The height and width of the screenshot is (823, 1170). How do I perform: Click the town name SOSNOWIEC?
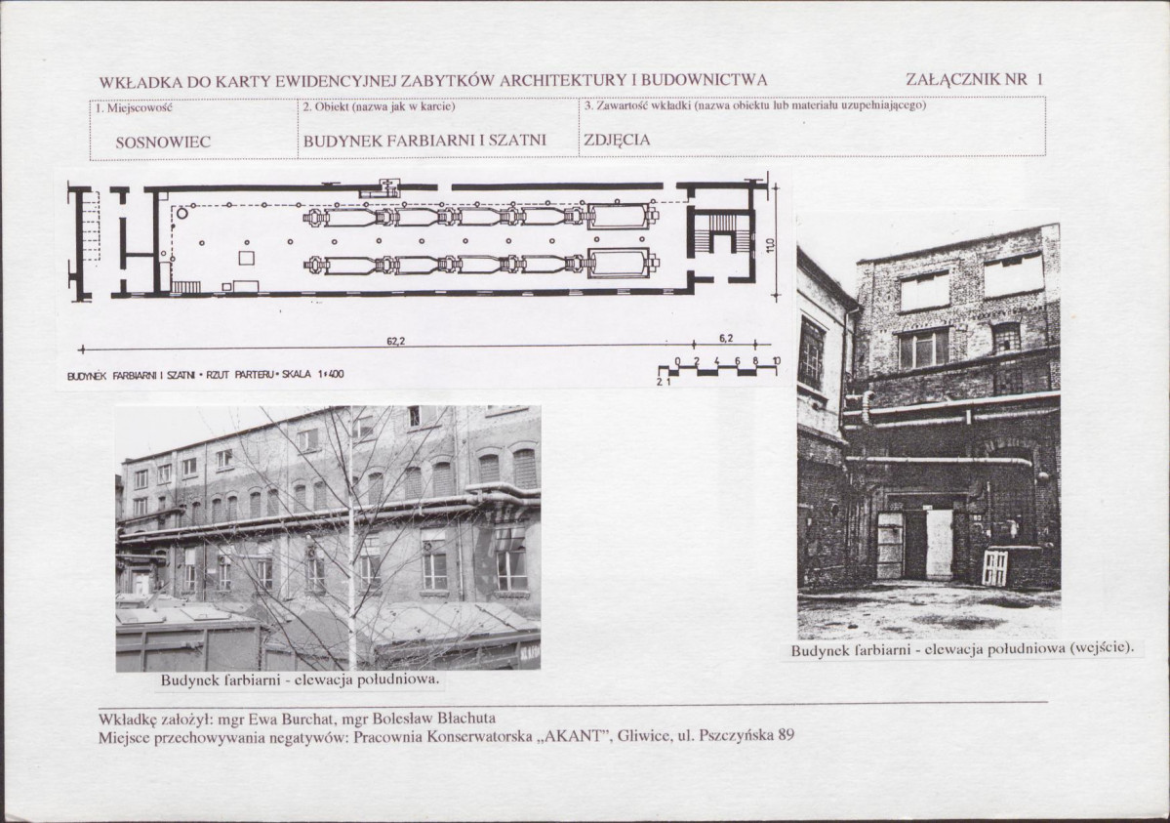pos(163,142)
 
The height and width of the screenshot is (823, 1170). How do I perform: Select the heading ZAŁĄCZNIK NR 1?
pos(975,79)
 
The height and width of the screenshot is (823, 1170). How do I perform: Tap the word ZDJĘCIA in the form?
pos(617,140)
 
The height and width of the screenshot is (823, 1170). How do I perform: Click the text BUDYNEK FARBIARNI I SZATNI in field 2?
pos(424,140)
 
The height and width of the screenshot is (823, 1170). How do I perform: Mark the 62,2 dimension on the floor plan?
pos(395,342)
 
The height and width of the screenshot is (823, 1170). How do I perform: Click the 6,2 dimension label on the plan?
pos(726,339)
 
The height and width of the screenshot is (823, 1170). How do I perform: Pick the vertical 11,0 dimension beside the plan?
pos(770,243)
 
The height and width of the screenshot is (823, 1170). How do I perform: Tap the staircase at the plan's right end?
pos(722,233)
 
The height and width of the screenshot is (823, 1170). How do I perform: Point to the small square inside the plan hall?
pos(246,259)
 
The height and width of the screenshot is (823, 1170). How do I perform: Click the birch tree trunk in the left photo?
pos(350,538)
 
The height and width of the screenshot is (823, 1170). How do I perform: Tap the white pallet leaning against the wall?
pos(994,567)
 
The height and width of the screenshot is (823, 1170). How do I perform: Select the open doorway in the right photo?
pos(914,545)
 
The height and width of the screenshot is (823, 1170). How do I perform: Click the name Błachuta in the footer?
pos(468,720)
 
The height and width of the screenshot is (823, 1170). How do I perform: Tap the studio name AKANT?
pos(573,735)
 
